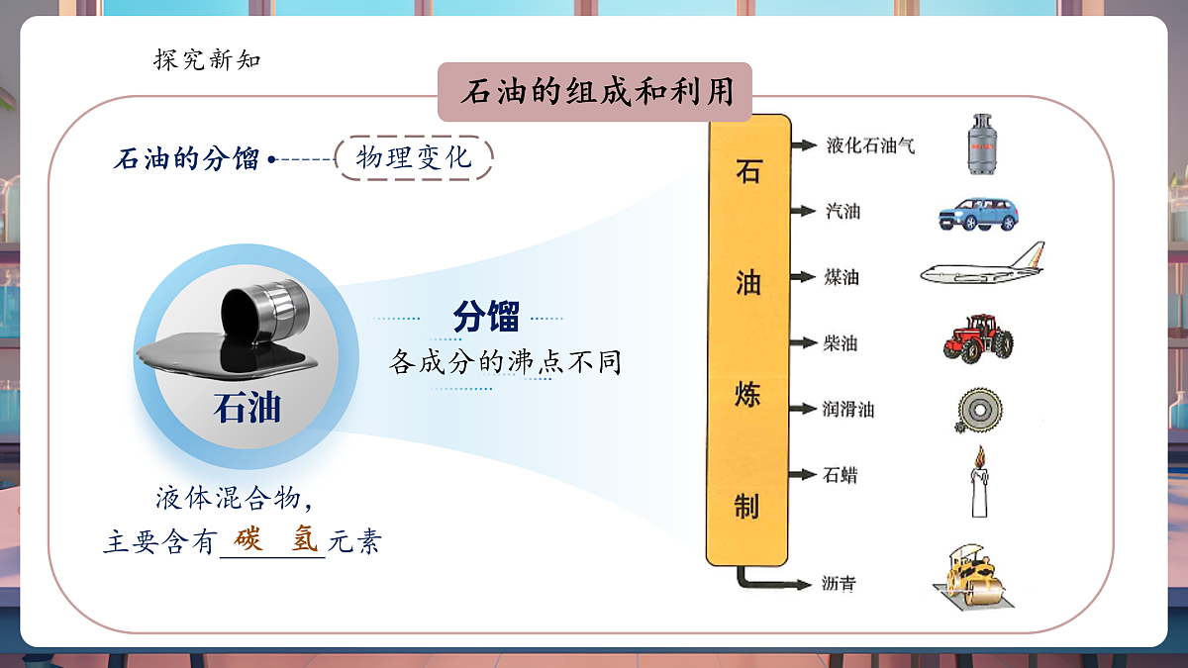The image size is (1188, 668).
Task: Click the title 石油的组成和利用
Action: [x=595, y=93]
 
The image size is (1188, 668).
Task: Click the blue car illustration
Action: [x=977, y=213]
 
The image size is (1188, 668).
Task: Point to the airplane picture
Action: [x=982, y=267]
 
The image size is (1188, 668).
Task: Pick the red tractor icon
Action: [x=977, y=337]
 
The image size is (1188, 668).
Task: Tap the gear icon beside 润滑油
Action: [x=978, y=410]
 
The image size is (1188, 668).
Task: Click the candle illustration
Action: [x=979, y=483]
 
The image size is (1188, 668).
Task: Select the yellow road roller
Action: [x=971, y=575]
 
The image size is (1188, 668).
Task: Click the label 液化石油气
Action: [x=870, y=146]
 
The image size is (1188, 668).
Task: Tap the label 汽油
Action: [x=842, y=211]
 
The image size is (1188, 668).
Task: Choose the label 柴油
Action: [x=841, y=343]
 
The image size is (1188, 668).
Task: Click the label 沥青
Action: [x=839, y=584]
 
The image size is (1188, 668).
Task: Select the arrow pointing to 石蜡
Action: [x=802, y=475]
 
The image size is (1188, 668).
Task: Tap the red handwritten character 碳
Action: [x=249, y=540]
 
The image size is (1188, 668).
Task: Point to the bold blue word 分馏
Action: [x=486, y=318]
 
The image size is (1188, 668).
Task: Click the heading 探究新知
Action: [x=207, y=59]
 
